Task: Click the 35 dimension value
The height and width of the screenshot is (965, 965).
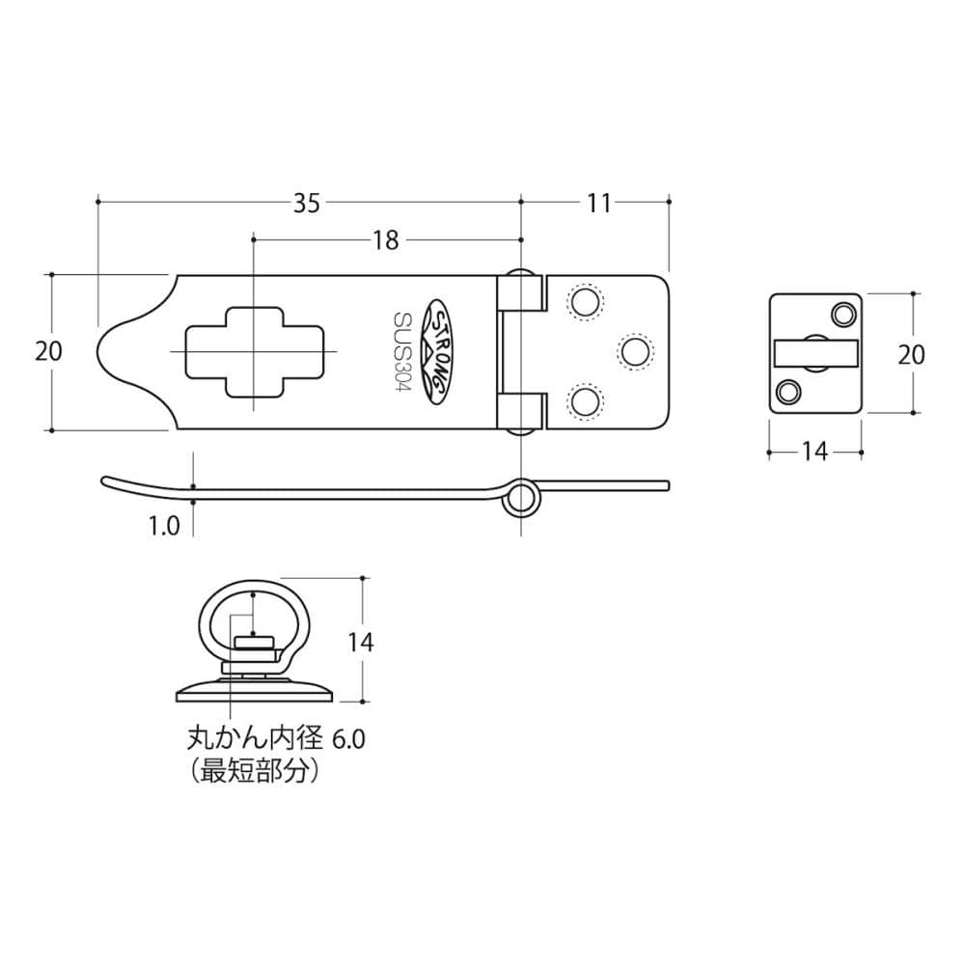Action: (307, 203)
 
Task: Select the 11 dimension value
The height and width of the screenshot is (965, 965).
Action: (598, 203)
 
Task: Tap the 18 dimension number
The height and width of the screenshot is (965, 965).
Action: (385, 240)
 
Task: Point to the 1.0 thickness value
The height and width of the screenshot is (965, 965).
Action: (164, 526)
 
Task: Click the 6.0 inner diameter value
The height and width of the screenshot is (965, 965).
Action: (349, 738)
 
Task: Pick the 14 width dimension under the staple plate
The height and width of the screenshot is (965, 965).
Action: (814, 452)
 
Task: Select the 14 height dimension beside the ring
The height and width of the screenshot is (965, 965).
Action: (361, 642)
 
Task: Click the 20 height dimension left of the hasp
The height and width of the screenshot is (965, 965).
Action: (48, 351)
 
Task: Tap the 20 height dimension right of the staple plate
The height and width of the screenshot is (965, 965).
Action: (912, 354)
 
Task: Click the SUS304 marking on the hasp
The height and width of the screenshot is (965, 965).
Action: (403, 351)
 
